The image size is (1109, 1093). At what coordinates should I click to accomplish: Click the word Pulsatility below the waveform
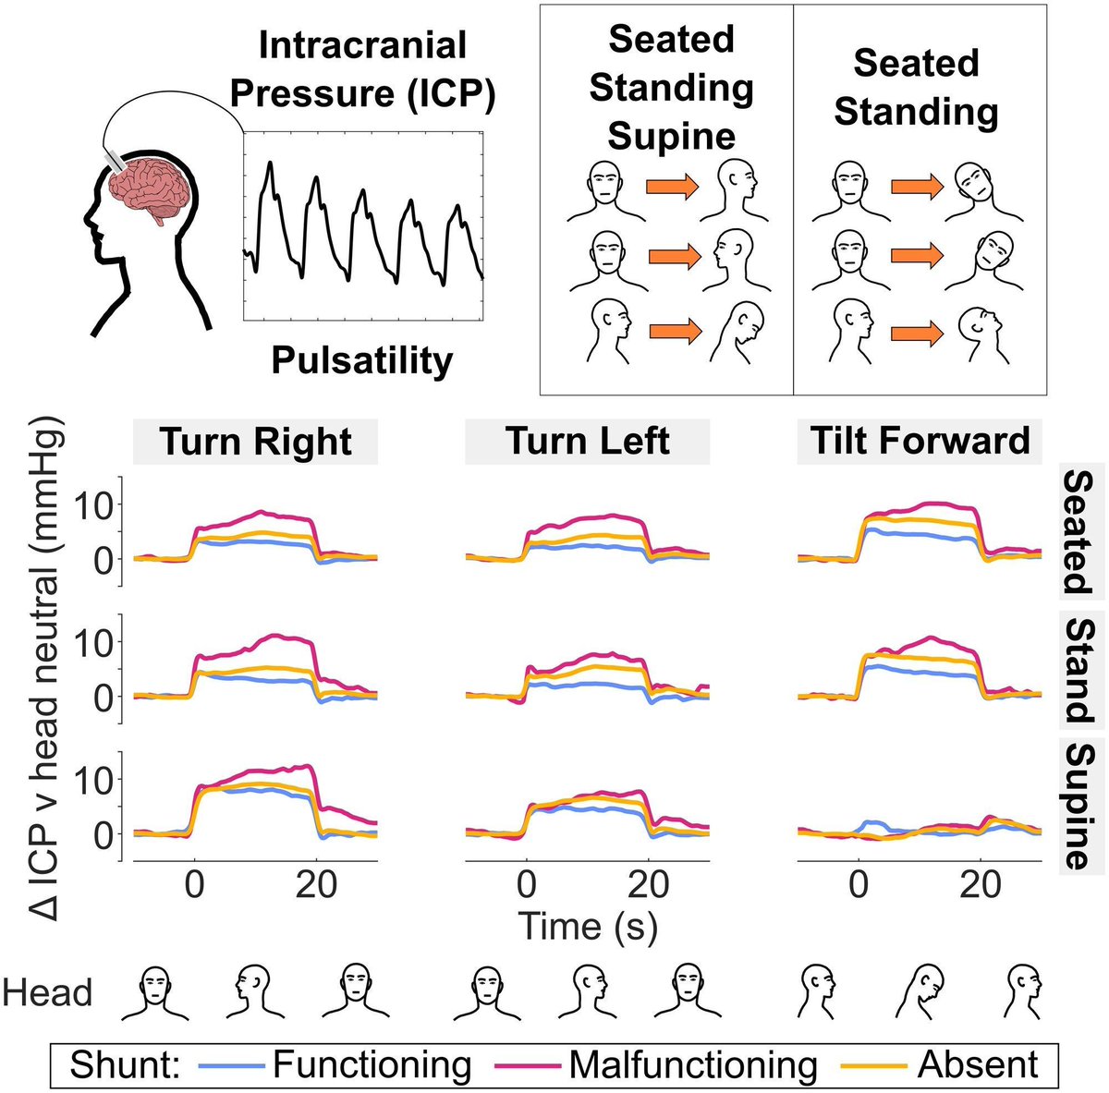[362, 360]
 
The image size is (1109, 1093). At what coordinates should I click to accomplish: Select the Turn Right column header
[256, 442]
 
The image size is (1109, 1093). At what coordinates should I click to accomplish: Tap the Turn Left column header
[588, 442]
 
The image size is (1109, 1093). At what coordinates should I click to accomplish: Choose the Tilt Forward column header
[920, 441]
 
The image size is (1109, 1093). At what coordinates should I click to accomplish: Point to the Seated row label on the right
[1079, 531]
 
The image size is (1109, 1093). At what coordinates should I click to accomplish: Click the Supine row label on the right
[1079, 805]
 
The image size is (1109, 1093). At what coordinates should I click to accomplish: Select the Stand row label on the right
[1079, 670]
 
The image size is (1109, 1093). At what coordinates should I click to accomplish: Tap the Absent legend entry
[978, 1064]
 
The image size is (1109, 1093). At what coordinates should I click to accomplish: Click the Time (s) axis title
[588, 926]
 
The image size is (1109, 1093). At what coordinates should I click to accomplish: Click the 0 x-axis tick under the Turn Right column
[194, 885]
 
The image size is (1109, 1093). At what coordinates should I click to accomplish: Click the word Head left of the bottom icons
[48, 993]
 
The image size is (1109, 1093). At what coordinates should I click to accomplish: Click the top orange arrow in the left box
[672, 188]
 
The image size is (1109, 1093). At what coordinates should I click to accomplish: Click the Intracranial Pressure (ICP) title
[362, 69]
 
